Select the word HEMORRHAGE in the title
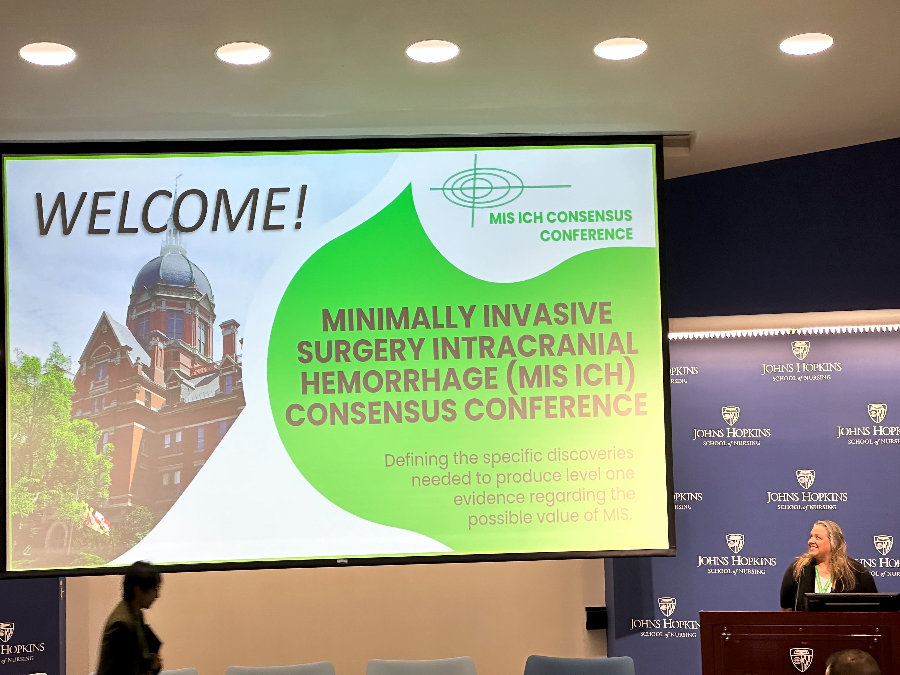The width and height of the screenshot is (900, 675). pos(399,381)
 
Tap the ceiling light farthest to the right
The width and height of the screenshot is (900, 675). pos(806,44)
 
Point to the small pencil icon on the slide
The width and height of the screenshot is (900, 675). pos(27,550)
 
